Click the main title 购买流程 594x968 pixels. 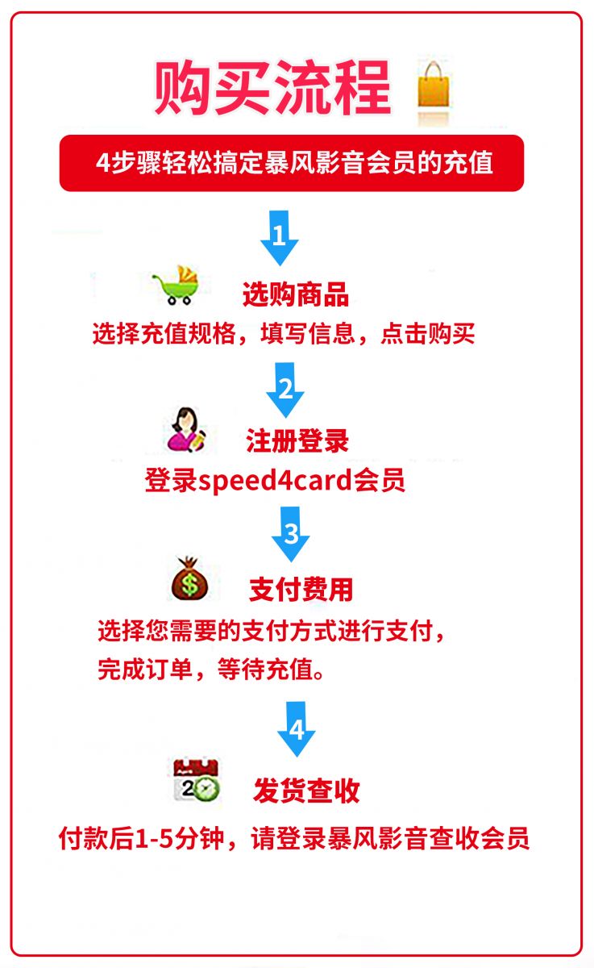pyautogui.click(x=273, y=88)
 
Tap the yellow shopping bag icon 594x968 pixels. pyautogui.click(x=433, y=85)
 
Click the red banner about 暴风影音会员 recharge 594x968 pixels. pyautogui.click(x=292, y=163)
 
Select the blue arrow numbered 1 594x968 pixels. pyautogui.click(x=280, y=238)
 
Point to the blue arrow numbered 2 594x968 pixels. pyautogui.click(x=285, y=390)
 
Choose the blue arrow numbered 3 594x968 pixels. pyautogui.click(x=290, y=534)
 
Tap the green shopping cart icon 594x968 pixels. pyautogui.click(x=177, y=286)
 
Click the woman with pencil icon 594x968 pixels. pyautogui.click(x=186, y=429)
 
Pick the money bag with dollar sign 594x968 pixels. pyautogui.click(x=189, y=578)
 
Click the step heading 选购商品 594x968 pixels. pyautogui.click(x=296, y=294)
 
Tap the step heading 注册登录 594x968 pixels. pyautogui.click(x=297, y=441)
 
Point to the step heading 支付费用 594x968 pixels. pyautogui.click(x=301, y=590)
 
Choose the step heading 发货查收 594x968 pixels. pyautogui.click(x=306, y=791)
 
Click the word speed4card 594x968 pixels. pyautogui.click(x=276, y=481)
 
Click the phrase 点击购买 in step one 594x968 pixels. pyautogui.click(x=428, y=334)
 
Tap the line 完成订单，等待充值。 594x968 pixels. pyautogui.click(x=211, y=670)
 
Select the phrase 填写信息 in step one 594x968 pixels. pyautogui.click(x=308, y=334)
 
